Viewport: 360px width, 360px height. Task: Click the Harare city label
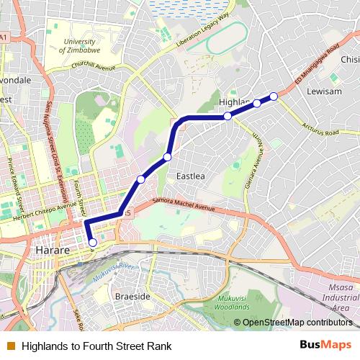click(x=52, y=251)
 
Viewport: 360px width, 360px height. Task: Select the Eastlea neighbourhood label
click(x=191, y=176)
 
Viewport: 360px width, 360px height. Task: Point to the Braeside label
click(x=132, y=296)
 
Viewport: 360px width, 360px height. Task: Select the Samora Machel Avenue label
click(x=175, y=207)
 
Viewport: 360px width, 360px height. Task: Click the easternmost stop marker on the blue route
click(x=274, y=96)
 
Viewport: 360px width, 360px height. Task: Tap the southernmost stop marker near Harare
click(x=92, y=243)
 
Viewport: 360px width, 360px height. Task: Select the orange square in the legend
click(x=9, y=346)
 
